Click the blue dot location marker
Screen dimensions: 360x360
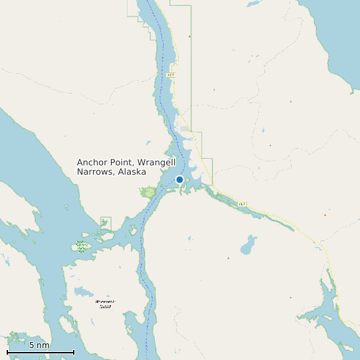point(179,179)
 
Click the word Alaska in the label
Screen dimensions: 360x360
point(132,172)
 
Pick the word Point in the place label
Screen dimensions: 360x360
point(122,162)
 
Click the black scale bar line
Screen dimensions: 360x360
point(41,351)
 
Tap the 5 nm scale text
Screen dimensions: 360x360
point(39,345)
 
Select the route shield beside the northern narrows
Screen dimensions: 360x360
point(171,75)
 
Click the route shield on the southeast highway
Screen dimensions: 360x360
point(242,203)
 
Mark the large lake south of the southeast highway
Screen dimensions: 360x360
point(248,246)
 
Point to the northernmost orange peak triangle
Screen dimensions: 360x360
point(189,36)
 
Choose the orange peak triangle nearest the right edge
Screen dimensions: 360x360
point(325,215)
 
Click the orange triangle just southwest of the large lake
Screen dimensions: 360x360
point(228,258)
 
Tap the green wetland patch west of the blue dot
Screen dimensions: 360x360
point(149,193)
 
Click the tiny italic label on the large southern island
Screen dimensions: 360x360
point(105,304)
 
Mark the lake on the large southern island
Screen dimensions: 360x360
point(84,292)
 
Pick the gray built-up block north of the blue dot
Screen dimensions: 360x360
point(184,128)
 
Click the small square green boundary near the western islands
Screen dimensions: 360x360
point(106,222)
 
